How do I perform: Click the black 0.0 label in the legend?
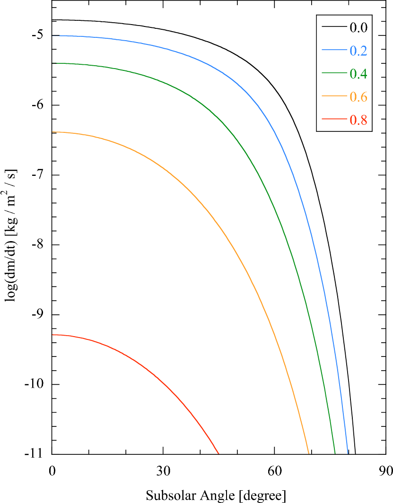click(358, 27)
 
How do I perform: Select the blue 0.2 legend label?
click(358, 51)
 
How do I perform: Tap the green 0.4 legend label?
click(358, 74)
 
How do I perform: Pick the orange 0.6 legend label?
click(358, 97)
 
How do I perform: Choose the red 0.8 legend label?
click(358, 120)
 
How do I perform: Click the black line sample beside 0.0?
click(334, 27)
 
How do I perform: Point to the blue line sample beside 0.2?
click(334, 50)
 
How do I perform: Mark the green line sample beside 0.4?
click(334, 73)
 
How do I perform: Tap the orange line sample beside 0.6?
click(334, 96)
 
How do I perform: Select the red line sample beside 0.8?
click(334, 120)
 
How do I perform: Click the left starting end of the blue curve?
click(53, 36)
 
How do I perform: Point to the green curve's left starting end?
click(53, 63)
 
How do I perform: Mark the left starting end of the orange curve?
click(53, 132)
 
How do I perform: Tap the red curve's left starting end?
click(53, 335)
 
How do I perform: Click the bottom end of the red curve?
click(218, 453)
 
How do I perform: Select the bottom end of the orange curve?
click(308, 453)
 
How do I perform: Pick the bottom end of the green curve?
click(335, 453)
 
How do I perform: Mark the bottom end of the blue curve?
click(348, 453)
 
